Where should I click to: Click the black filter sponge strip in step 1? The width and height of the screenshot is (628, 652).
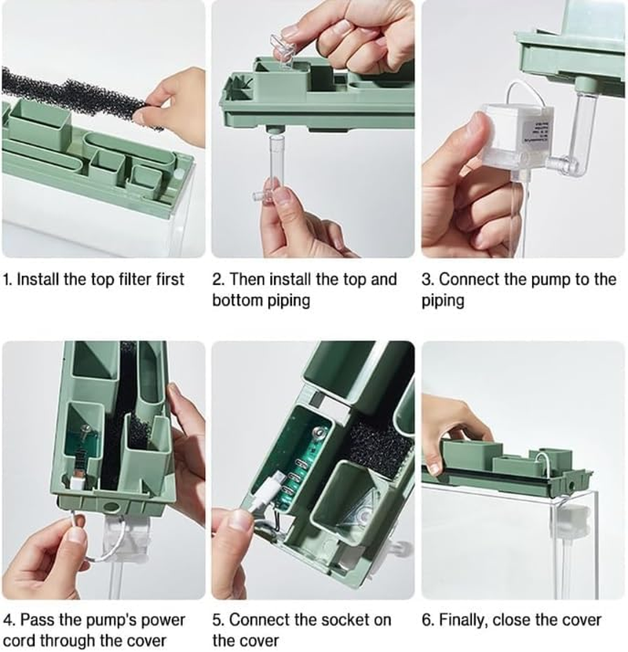click(75, 99)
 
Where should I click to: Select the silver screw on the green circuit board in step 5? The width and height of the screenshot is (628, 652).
click(319, 433)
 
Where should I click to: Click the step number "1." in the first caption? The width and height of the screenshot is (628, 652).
click(8, 279)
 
